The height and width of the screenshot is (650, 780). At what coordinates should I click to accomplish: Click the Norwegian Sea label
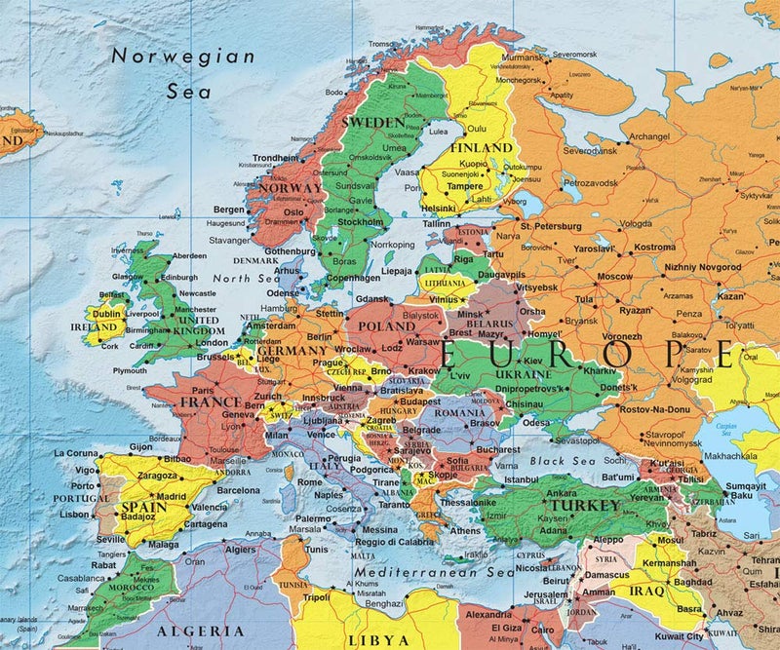[183, 73]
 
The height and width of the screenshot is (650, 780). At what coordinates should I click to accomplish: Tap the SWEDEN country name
[370, 122]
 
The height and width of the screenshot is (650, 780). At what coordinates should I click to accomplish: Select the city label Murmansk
[523, 58]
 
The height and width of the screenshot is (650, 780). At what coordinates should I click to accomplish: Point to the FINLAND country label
[480, 147]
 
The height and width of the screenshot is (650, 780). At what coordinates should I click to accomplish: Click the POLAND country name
[386, 326]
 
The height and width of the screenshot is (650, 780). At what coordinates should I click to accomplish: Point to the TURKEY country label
[584, 507]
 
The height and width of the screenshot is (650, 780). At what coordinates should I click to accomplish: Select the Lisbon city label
[74, 514]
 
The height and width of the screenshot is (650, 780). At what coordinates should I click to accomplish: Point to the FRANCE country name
[211, 401]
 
